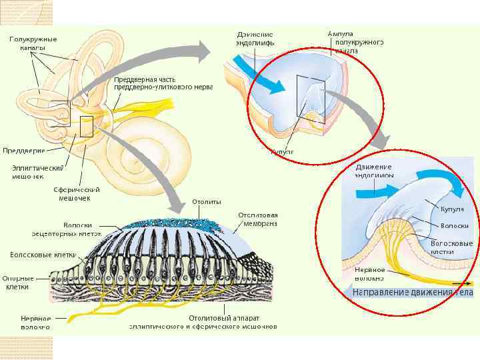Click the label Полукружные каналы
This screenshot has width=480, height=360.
(x=33, y=44)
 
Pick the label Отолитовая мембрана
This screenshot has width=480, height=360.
(x=257, y=219)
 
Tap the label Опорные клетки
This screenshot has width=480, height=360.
(x=15, y=282)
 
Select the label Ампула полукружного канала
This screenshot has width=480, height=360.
(x=355, y=42)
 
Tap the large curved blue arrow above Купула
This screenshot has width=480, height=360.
(x=440, y=180)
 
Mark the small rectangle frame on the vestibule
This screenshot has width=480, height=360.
(x=86, y=127)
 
